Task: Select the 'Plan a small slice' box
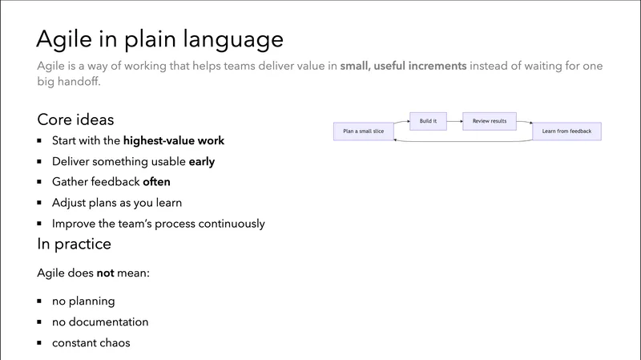(363, 131)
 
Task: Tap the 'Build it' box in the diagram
(427, 121)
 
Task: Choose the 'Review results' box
(489, 121)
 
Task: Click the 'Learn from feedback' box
(566, 131)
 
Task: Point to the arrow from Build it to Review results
(453, 121)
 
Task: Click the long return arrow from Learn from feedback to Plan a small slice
(465, 141)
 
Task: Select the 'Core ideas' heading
(75, 119)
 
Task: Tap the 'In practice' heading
(74, 243)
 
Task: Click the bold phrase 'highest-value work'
(173, 140)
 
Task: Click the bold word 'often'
(157, 182)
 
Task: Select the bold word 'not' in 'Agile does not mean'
(106, 273)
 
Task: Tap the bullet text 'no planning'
(83, 301)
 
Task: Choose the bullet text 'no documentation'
(100, 322)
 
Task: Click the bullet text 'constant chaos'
(91, 343)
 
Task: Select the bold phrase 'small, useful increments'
(403, 66)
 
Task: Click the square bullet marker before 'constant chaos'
(40, 343)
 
